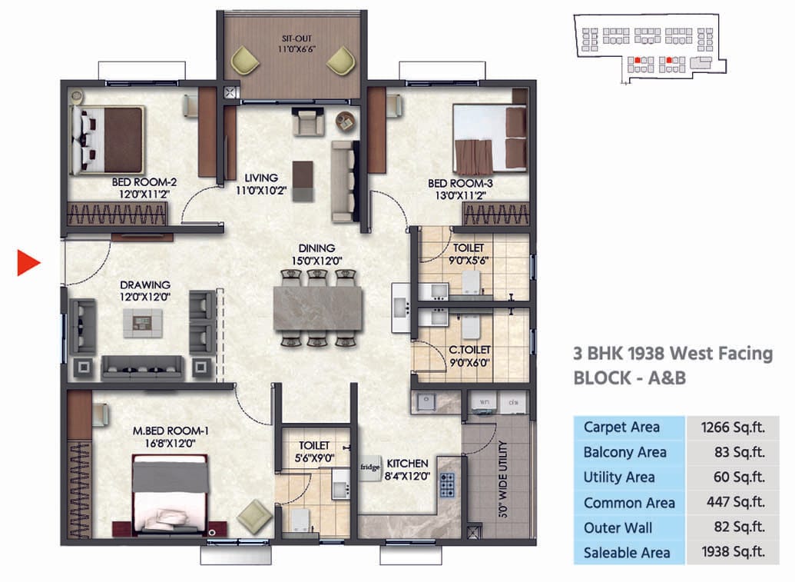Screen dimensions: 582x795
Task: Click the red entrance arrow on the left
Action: (x=28, y=262)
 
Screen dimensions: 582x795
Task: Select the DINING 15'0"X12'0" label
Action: (x=317, y=254)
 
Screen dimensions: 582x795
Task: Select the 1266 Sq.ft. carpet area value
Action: (x=732, y=427)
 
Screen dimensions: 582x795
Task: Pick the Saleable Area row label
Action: (x=626, y=553)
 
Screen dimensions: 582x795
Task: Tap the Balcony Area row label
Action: (x=624, y=452)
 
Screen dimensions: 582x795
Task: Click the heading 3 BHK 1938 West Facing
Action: (x=673, y=353)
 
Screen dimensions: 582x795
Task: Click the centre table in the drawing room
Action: (x=143, y=323)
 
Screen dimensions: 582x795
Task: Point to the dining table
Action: (x=317, y=308)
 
